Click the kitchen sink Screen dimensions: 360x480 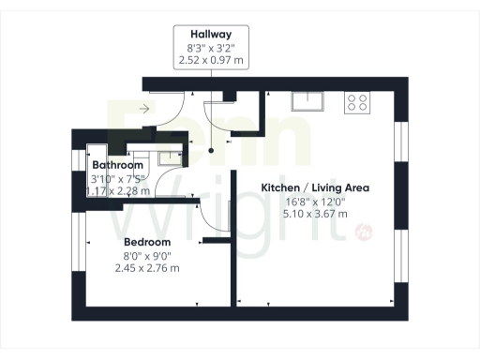[307, 100]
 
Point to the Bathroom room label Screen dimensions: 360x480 [117, 165]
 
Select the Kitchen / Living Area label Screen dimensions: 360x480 [315, 187]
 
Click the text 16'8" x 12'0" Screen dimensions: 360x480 [315, 201]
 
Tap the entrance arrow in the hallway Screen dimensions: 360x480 [143, 109]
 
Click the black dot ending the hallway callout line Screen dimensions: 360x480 [212, 149]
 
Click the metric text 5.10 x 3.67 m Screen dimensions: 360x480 [315, 214]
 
